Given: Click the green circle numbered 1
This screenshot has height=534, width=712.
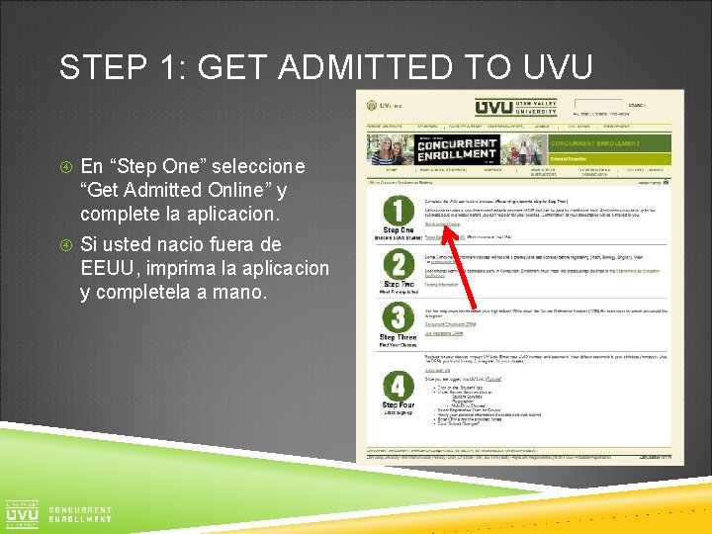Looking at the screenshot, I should pyautogui.click(x=398, y=211).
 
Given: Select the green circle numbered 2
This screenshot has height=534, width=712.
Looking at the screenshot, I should pyautogui.click(x=398, y=264).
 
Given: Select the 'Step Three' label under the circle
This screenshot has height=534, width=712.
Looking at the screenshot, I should pyautogui.click(x=398, y=338).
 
